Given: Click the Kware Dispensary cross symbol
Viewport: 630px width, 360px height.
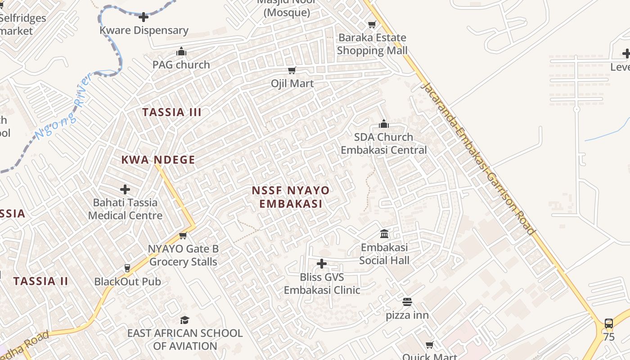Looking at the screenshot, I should coord(144,18).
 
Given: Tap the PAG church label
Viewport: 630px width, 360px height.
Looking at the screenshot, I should coord(181,64).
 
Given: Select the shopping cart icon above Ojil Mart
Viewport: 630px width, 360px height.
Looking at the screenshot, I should coord(292,70).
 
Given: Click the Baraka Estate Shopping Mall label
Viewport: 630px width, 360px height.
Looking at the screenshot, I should coord(372,44).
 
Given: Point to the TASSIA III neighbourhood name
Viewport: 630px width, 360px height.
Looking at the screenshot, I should coord(172,112).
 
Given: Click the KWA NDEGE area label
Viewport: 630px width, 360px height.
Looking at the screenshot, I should coord(158,160).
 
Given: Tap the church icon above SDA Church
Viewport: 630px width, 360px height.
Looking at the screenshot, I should coord(383,124).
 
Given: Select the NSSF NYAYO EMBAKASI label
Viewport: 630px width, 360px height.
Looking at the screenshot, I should coord(291,197).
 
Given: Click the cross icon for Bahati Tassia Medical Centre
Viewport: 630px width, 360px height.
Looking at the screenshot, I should coord(125,189).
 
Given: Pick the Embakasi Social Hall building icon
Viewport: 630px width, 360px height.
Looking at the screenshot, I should coord(384,234).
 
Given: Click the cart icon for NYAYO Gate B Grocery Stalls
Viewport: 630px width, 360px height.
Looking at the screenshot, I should coord(183,236).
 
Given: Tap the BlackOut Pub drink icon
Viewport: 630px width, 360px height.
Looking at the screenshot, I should coord(127,268).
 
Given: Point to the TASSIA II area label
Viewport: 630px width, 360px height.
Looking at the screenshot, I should coord(40,281).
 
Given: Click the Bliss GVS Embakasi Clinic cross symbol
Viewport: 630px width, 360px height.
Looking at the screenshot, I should coord(322,264).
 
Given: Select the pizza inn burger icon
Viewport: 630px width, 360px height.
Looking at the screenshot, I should coord(407,301).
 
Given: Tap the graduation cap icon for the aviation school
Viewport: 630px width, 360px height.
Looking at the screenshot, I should coord(184,320).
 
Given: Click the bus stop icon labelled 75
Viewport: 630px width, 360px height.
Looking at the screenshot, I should coord(608,323).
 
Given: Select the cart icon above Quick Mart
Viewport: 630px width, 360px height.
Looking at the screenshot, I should coord(429,345).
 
